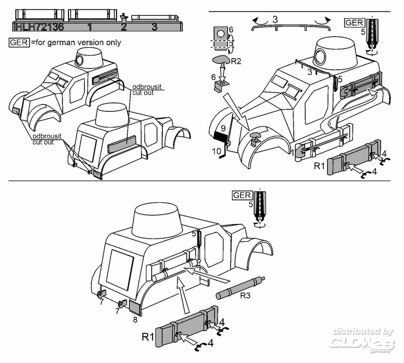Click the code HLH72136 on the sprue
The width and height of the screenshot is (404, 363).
(40, 27)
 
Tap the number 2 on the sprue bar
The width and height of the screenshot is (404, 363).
(124, 27)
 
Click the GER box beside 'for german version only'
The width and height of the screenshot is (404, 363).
(19, 42)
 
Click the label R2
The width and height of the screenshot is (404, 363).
(236, 61)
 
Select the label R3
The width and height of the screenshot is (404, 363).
(245, 296)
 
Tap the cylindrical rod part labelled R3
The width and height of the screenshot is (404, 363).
(240, 288)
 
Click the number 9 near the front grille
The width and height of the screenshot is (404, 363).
(223, 128)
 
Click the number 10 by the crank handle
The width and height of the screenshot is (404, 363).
(217, 151)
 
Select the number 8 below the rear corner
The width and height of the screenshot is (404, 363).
(135, 320)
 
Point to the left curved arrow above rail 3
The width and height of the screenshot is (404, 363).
(260, 21)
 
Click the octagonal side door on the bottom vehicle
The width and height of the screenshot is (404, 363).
(214, 249)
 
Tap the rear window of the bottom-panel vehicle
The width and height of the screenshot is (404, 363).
(120, 269)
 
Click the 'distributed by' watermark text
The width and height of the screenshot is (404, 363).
(363, 331)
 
